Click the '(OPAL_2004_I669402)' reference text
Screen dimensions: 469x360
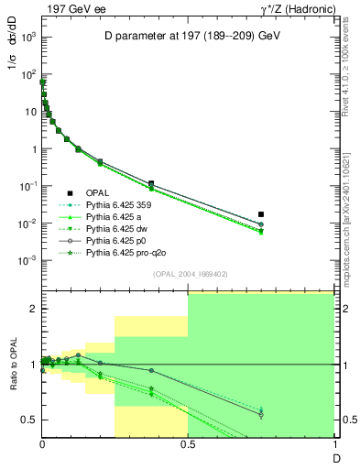click(188, 273)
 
